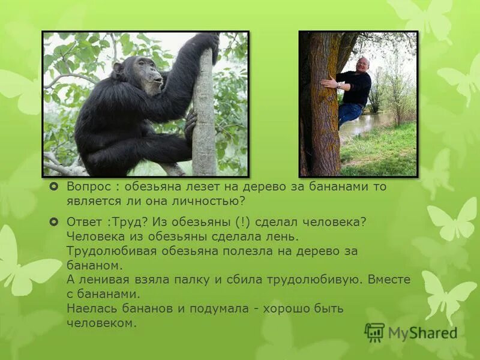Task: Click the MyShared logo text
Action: [422, 333]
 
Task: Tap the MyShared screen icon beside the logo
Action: [375, 332]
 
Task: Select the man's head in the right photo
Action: [362, 64]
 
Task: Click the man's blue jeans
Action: [349, 112]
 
